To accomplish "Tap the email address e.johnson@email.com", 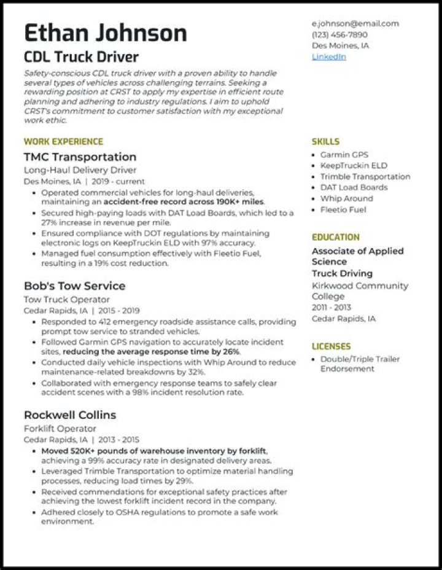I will pos(355,23).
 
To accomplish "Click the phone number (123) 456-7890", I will pos(339,34).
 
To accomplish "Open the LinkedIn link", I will pos(329,57).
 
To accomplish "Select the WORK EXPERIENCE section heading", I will pos(63,141).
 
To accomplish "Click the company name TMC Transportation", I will pos(80,157).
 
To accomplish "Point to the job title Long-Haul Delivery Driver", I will pos(80,170).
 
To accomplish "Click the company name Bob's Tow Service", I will pos(74,286).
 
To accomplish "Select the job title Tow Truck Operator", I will pos(67,300).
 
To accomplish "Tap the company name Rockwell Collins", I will pos(70,415).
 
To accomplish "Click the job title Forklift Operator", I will pos(60,429).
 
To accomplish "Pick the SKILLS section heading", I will pos(325,141).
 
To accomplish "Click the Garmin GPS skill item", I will pos(344,155).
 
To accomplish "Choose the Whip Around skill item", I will pos(346,198).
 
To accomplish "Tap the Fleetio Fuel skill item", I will pos(343,209).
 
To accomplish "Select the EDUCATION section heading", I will pos(336,237).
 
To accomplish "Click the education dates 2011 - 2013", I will pos(332,308).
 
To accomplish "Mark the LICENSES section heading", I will pos(331,346).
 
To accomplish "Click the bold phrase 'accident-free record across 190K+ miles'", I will pos(184,201).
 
